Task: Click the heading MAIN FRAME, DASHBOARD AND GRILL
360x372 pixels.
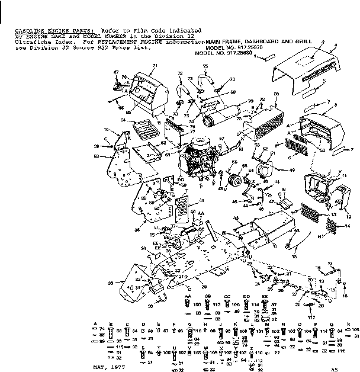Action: (x=257, y=42)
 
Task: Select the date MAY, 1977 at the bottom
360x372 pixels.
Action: (x=107, y=367)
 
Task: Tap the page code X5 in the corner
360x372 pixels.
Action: (x=335, y=367)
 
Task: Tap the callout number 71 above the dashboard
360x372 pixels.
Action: (x=155, y=65)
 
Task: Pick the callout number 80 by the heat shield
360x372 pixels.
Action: (x=277, y=94)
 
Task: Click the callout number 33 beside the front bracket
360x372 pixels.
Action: (x=110, y=284)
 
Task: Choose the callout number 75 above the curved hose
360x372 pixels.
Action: (x=205, y=66)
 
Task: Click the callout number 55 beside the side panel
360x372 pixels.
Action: (x=96, y=156)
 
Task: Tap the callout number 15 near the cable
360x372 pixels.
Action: (x=294, y=256)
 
